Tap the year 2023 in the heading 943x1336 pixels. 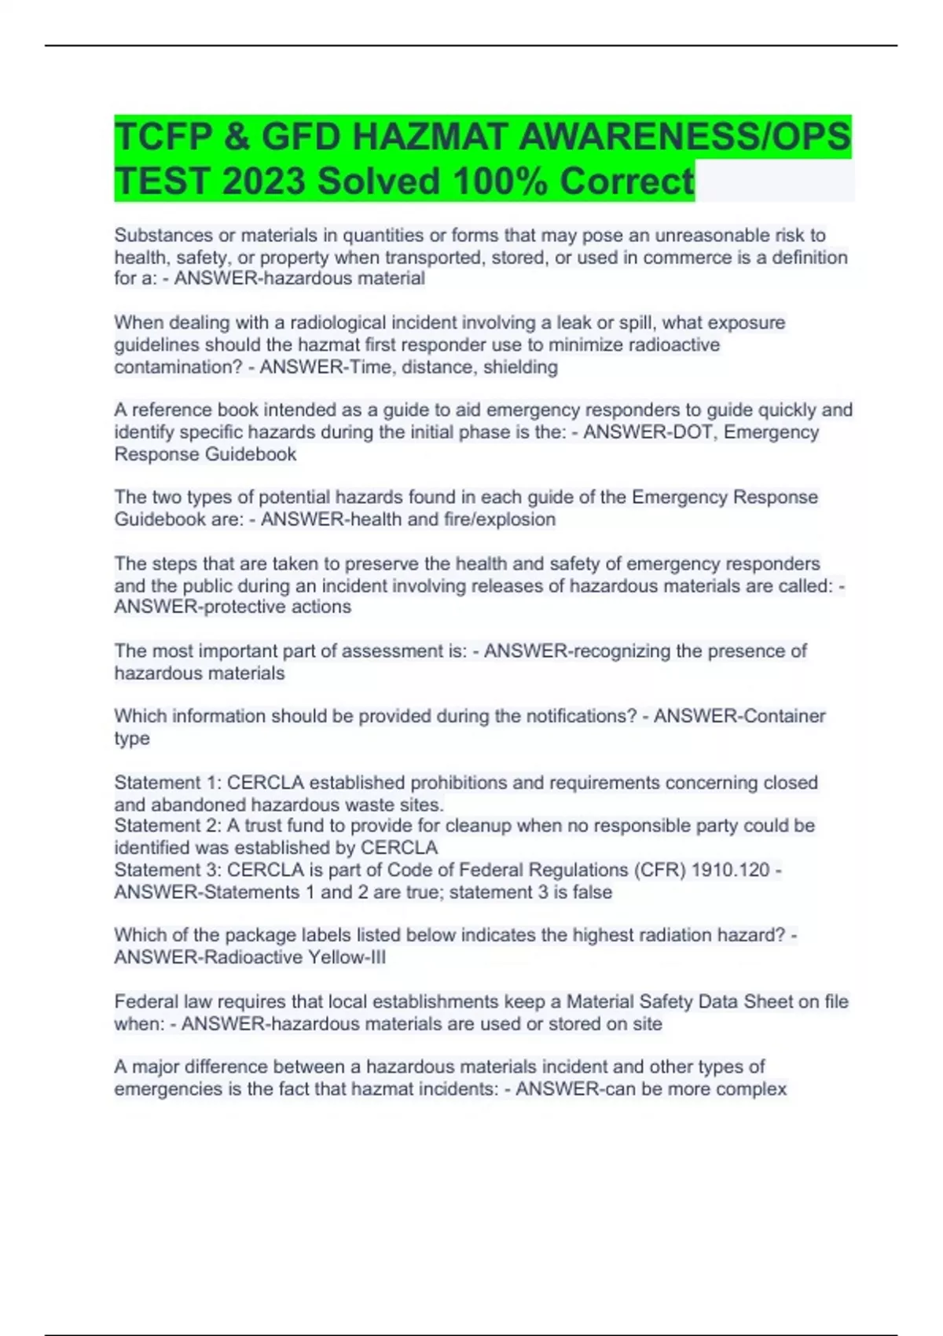pos(263,182)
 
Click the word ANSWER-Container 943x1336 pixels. pos(739,716)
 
